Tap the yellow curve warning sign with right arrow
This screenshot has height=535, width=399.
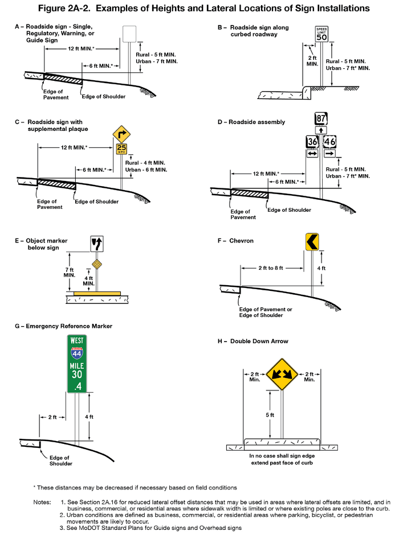121,134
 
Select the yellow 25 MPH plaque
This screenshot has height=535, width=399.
121,150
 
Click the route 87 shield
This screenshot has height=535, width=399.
321,118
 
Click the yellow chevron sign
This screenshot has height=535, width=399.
312,242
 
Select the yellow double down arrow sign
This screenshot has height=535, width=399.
283,374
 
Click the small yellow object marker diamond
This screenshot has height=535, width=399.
97,264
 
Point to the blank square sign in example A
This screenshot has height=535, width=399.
129,33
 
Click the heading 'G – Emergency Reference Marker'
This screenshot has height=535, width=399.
63,326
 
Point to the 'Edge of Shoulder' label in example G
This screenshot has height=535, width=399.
59,460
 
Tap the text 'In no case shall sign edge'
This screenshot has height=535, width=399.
283,456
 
